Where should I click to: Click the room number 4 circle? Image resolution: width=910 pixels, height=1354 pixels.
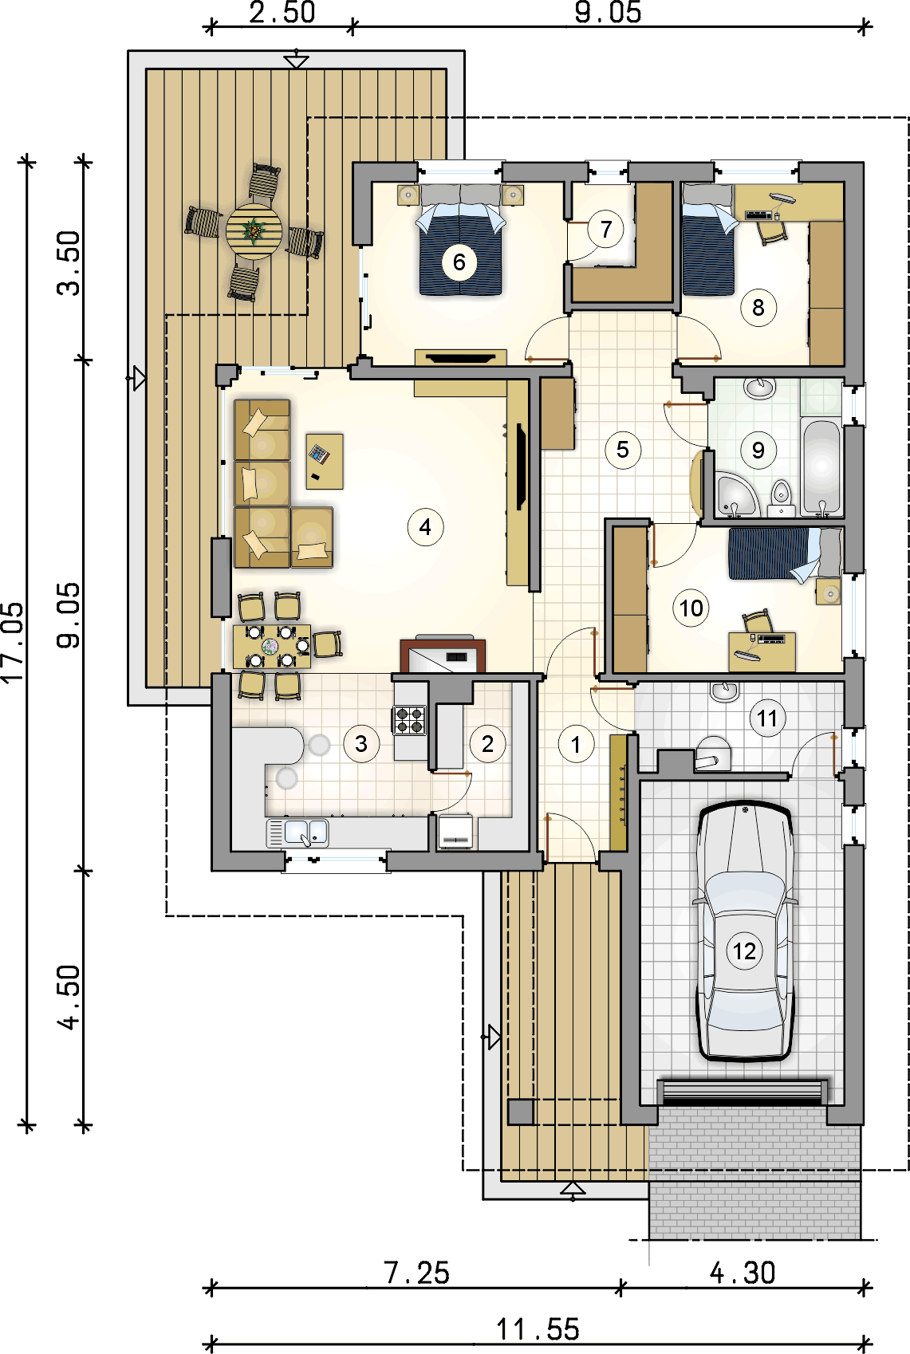[425, 527]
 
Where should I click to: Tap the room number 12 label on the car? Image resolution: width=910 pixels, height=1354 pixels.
[744, 951]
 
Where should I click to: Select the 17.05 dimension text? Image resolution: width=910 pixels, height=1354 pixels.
[14, 644]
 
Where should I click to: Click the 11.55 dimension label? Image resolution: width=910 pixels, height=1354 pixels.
[538, 1329]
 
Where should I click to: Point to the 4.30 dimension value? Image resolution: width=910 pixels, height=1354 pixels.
[743, 1273]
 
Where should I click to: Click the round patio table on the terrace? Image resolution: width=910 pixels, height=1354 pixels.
[254, 231]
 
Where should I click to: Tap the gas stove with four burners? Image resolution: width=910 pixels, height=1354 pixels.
[409, 720]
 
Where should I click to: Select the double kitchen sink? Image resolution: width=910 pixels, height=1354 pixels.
[298, 833]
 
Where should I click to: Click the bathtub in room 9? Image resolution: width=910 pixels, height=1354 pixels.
[821, 467]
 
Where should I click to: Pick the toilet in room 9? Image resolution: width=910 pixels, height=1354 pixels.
[782, 498]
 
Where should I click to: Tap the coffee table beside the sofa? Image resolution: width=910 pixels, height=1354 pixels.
[325, 461]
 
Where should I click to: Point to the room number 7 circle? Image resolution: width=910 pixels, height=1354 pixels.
[606, 229]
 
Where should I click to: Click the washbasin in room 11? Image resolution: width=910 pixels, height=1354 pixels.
[724, 691]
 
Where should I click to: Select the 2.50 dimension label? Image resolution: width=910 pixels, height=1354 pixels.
[282, 13]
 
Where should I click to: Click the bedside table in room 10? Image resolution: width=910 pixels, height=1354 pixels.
[829, 592]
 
